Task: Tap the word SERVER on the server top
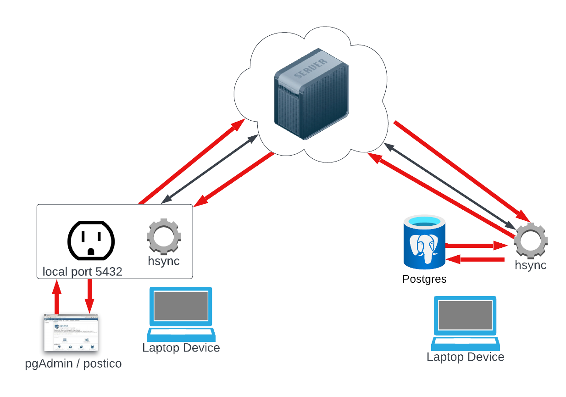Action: [311, 68]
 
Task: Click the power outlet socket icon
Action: [91, 239]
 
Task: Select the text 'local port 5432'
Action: [83, 272]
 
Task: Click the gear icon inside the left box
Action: [164, 237]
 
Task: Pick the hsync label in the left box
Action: [164, 261]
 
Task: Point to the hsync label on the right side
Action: [531, 265]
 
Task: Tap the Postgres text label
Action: [424, 279]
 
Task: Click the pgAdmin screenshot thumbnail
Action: [71, 332]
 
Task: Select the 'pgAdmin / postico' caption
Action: [73, 364]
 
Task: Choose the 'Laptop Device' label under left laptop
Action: [181, 348]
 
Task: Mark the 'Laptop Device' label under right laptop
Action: [465, 357]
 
